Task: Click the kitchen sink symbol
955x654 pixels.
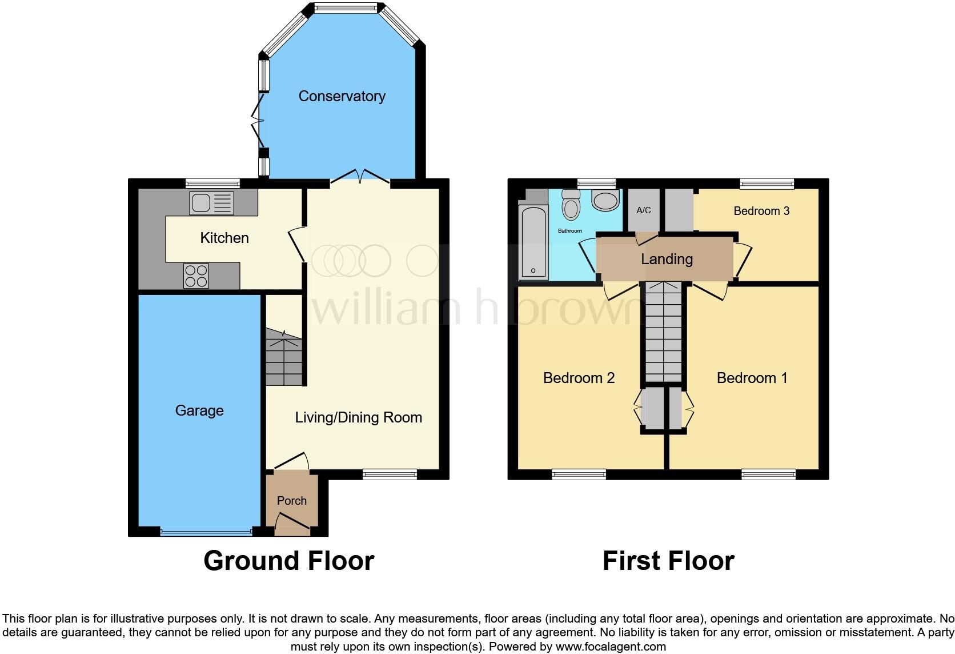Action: click(x=212, y=203)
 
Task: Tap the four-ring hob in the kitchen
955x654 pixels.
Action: click(x=196, y=276)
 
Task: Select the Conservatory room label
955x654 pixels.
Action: click(x=342, y=96)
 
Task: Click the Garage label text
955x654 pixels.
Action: click(x=199, y=410)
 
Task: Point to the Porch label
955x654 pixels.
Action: click(x=291, y=501)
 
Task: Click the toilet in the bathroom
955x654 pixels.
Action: click(x=571, y=205)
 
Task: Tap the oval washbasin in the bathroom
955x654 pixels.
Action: click(x=605, y=201)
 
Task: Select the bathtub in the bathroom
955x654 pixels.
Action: click(x=533, y=242)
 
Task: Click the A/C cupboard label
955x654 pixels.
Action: click(x=644, y=210)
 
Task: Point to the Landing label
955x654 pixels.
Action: click(x=667, y=259)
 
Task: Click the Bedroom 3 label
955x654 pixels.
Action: click(x=761, y=211)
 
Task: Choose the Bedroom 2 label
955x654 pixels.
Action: click(x=579, y=378)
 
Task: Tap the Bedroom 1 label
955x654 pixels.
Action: click(x=752, y=378)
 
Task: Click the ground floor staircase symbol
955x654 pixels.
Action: click(x=283, y=357)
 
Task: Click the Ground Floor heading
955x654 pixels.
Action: click(x=288, y=561)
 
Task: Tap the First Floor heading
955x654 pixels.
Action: click(x=668, y=561)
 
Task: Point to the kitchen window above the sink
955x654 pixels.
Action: click(x=212, y=184)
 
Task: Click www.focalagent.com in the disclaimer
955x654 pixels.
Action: click(x=611, y=647)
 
